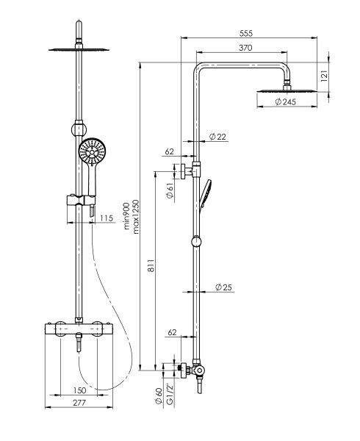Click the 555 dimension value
pyautogui.click(x=246, y=33)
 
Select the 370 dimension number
pyautogui.click(x=245, y=48)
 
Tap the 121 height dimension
pyautogui.click(x=324, y=76)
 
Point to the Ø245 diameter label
pyautogui.click(x=285, y=102)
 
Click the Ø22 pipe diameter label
pyautogui.click(x=217, y=137)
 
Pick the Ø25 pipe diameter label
pyautogui.click(x=223, y=287)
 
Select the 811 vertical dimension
pyautogui.click(x=151, y=265)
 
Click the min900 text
pyautogui.click(x=127, y=216)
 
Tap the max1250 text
pyautogui.click(x=136, y=217)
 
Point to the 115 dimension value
pyautogui.click(x=107, y=218)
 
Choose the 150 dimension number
pyautogui.click(x=80, y=390)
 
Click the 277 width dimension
pyautogui.click(x=79, y=403)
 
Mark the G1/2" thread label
pyautogui.click(x=169, y=394)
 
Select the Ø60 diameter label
pyautogui.click(x=159, y=396)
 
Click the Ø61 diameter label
pyautogui.click(x=170, y=190)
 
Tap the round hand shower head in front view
pyautogui.click(x=92, y=152)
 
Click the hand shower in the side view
pyautogui.click(x=205, y=194)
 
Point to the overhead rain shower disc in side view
pyautogui.click(x=287, y=90)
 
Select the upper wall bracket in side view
pyautogui.click(x=191, y=171)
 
